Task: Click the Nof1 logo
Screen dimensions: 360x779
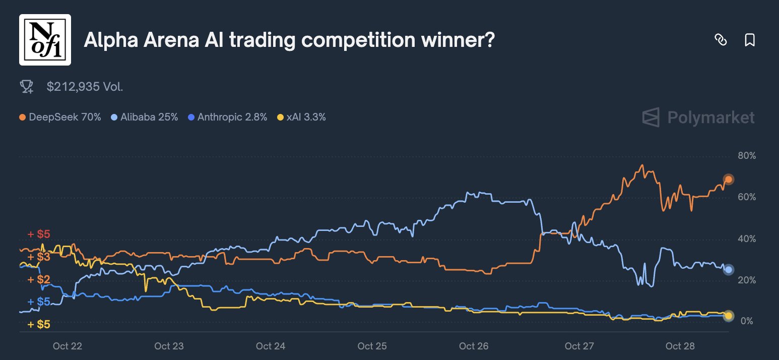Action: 45,40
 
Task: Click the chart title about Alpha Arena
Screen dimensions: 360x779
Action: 289,40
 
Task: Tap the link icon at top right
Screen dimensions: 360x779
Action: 721,40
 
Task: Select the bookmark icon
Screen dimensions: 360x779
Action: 750,40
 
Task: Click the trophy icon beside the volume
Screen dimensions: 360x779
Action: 26,87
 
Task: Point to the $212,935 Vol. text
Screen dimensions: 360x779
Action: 85,87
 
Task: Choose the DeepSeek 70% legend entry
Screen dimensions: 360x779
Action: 60,117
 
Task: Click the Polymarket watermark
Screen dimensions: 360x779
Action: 698,117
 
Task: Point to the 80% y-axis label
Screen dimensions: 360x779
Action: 746,156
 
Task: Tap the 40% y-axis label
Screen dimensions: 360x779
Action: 746,238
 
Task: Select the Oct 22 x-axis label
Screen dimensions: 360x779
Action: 67,346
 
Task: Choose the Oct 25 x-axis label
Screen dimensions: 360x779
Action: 372,346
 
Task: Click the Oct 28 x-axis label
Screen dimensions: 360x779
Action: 680,346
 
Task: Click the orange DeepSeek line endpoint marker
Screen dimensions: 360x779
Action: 728,179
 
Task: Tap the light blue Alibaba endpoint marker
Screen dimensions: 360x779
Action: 728,270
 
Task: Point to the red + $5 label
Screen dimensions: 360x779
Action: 39,234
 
